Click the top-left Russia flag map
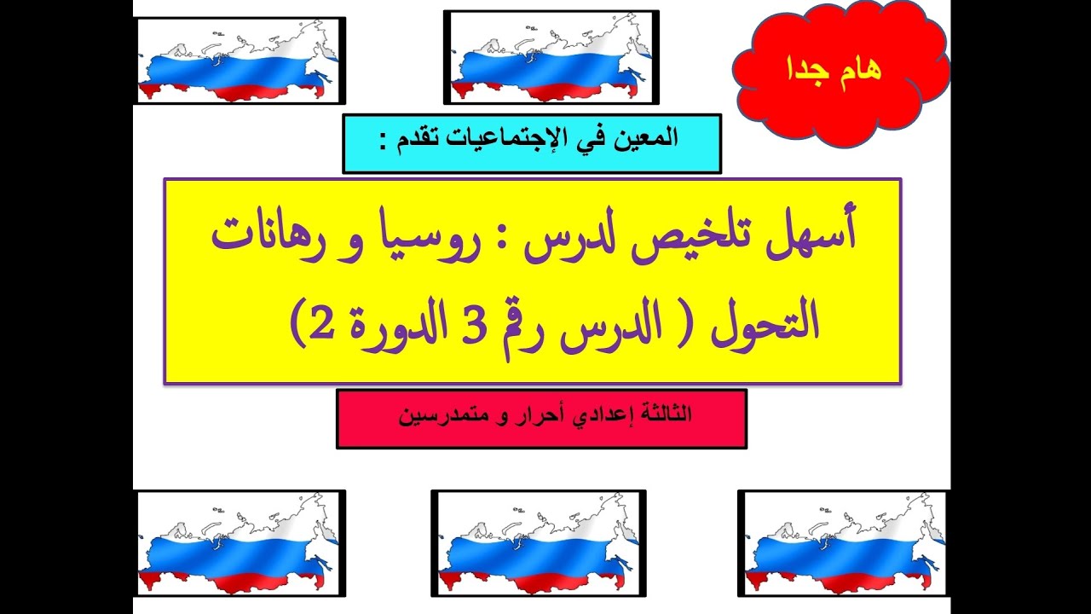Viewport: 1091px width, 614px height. click(x=240, y=61)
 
